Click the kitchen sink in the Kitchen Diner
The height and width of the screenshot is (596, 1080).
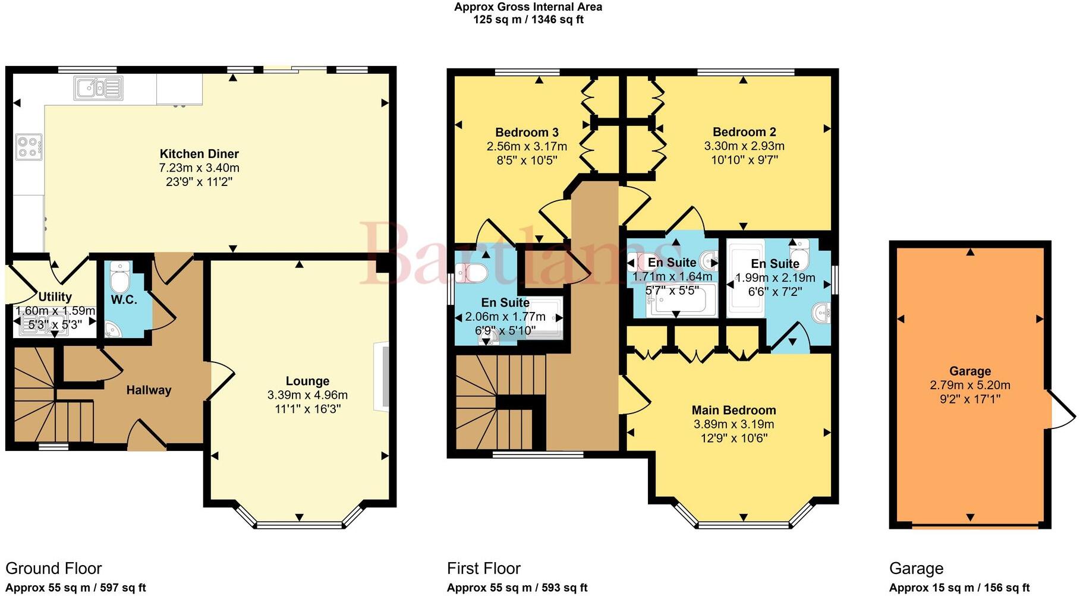(98, 88)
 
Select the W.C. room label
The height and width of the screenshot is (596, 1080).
(124, 300)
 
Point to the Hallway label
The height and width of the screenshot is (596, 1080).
(149, 390)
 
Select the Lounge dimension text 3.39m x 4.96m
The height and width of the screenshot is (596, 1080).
(307, 395)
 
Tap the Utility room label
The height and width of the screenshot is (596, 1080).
(55, 297)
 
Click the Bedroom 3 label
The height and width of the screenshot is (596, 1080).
(527, 133)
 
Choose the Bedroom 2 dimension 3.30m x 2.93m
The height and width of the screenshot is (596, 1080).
(744, 146)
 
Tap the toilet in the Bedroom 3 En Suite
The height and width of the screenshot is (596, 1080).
(473, 273)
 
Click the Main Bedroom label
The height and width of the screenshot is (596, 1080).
(733, 411)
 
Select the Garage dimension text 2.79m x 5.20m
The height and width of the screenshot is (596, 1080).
(969, 386)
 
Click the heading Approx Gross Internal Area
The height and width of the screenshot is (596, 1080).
(528, 7)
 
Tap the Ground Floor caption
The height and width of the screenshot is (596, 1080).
(53, 569)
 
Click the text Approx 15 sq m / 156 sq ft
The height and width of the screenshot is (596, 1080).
(959, 588)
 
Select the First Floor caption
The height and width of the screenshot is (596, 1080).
(483, 569)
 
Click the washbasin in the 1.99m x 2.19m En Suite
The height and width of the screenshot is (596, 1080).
(823, 313)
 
